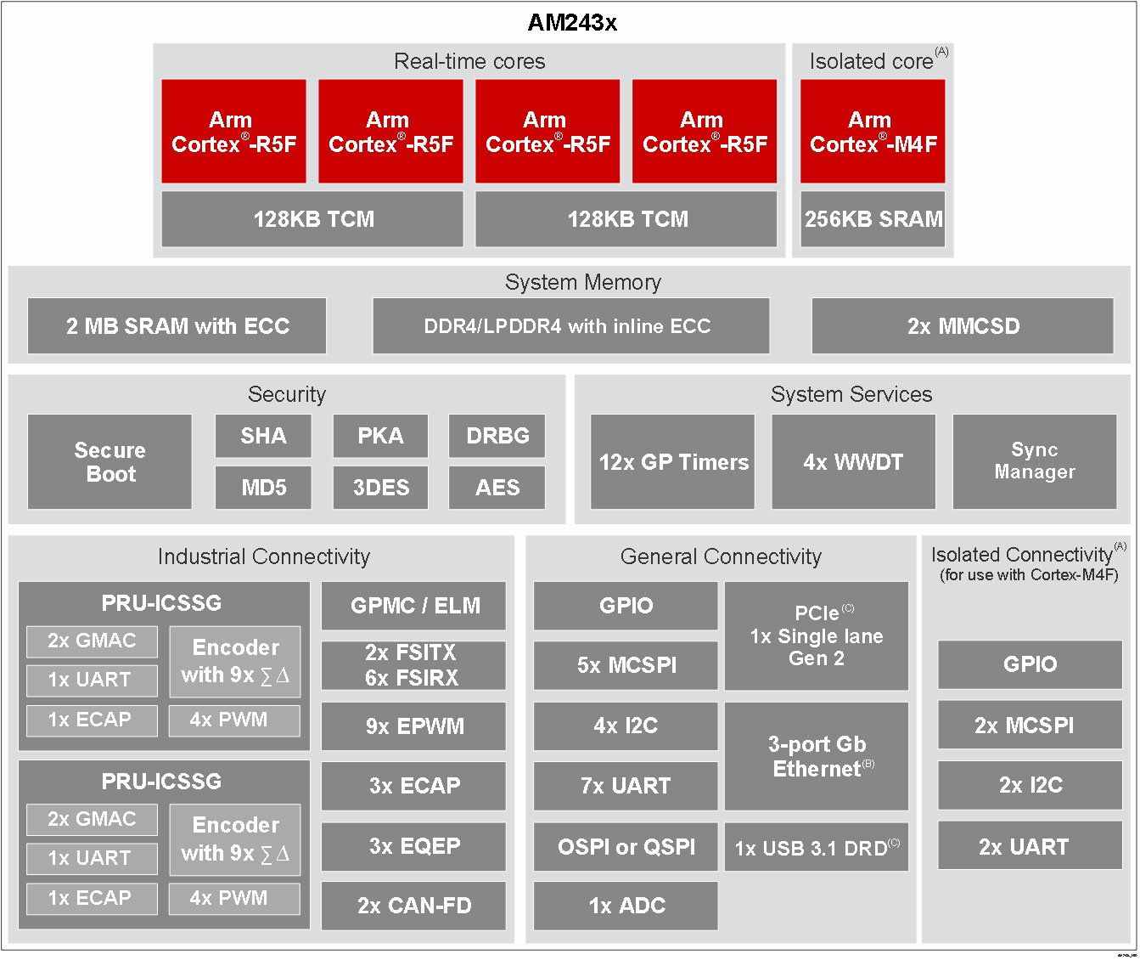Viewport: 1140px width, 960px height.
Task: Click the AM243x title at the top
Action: click(x=572, y=23)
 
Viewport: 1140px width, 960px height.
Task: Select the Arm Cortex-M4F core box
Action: click(x=873, y=132)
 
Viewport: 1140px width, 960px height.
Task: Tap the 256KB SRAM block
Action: click(x=873, y=219)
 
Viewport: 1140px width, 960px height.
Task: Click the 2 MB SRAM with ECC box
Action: click(x=177, y=326)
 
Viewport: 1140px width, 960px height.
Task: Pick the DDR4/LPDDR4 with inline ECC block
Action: click(x=570, y=326)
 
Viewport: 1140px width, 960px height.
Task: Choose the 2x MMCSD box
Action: click(x=963, y=326)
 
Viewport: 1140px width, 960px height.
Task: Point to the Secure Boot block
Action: click(x=110, y=462)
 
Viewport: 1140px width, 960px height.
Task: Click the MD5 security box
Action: click(x=263, y=488)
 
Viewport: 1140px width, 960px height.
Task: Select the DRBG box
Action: click(x=497, y=436)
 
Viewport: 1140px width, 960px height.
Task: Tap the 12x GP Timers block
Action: click(x=672, y=462)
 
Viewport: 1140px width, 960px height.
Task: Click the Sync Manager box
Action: click(x=1035, y=461)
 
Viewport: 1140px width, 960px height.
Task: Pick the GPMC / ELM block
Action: click(x=414, y=606)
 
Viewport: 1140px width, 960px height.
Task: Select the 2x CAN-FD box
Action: click(x=414, y=906)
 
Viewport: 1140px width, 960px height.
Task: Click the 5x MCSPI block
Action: click(x=626, y=665)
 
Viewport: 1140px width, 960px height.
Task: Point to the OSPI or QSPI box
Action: click(x=626, y=846)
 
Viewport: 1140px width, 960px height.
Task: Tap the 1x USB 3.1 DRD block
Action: click(x=817, y=847)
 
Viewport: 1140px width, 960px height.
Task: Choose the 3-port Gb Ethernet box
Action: click(x=817, y=756)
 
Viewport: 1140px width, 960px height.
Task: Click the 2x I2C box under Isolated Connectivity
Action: click(x=1030, y=785)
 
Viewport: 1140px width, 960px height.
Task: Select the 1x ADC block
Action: click(x=626, y=906)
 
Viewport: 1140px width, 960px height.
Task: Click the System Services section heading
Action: click(x=851, y=394)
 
